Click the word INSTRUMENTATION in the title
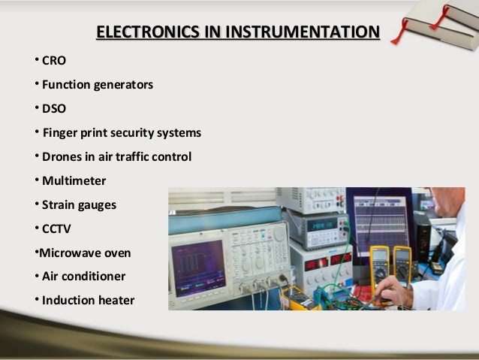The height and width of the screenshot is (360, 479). coord(303,32)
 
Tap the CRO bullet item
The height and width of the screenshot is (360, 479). coord(53,60)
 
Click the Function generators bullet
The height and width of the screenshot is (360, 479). coord(97,84)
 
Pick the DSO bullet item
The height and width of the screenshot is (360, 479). coord(53,108)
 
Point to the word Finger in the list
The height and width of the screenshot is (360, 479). coord(60,133)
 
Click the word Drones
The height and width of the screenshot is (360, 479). coord(62,157)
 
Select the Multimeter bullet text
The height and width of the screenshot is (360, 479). coord(74,181)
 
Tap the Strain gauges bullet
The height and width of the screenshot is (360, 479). coord(79,204)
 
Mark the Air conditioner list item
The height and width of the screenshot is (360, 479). coord(83,276)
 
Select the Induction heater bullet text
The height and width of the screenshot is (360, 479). coord(88,301)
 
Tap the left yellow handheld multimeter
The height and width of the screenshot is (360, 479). coord(380,263)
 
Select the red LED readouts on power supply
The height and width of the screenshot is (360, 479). coord(330,262)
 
